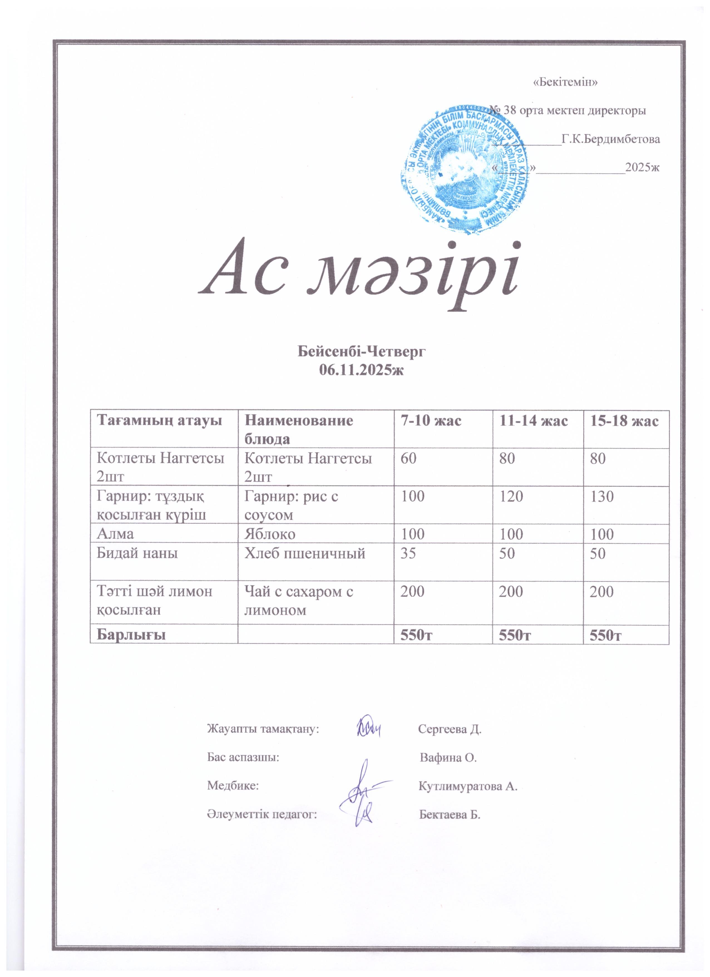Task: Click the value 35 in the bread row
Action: (x=408, y=553)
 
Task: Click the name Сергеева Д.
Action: (x=450, y=729)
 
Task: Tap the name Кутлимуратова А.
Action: (x=468, y=787)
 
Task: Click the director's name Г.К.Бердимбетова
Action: (x=611, y=139)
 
